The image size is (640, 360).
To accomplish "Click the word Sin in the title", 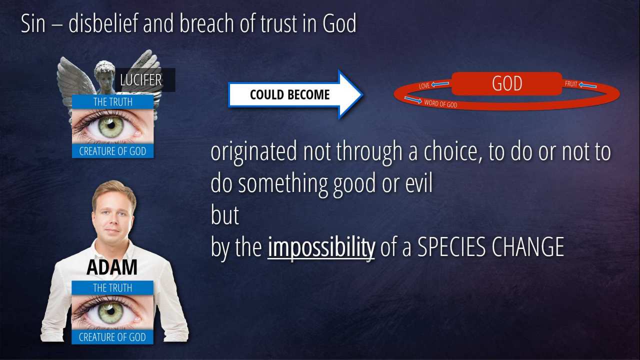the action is click(x=33, y=23).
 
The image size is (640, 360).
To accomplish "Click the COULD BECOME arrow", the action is click(x=295, y=94).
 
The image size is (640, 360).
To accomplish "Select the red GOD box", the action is click(x=507, y=83).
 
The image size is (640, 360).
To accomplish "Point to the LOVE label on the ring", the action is click(x=424, y=85).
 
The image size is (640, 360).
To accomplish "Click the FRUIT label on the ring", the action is click(x=571, y=84).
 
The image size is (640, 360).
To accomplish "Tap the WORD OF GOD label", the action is click(x=440, y=103).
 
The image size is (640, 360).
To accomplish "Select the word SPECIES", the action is click(x=451, y=247).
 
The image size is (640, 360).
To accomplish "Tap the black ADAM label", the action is click(x=111, y=267).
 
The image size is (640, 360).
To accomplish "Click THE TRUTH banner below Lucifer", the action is click(x=113, y=101).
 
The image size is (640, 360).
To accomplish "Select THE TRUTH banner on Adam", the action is click(x=112, y=287).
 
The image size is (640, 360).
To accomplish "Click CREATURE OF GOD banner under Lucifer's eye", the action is click(x=113, y=151).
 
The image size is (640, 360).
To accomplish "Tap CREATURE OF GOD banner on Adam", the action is click(x=112, y=337).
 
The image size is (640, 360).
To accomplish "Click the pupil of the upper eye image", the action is click(x=111, y=125).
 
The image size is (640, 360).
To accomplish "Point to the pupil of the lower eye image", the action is click(x=110, y=311).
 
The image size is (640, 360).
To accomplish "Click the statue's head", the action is click(x=105, y=75).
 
